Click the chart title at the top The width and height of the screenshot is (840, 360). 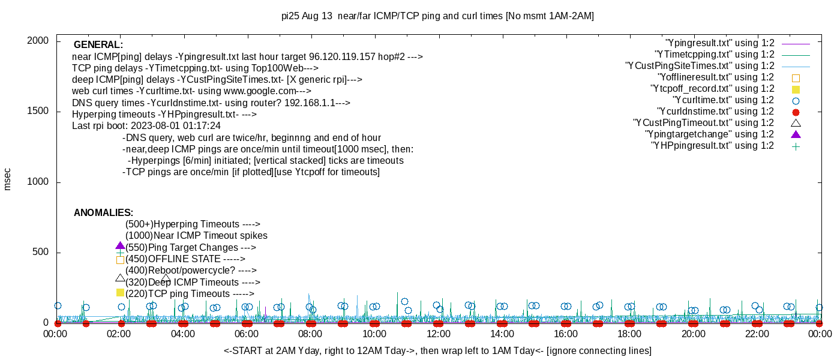[x=437, y=16]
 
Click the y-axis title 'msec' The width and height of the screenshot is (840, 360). [x=8, y=179]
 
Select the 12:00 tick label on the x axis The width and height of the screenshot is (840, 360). [x=438, y=334]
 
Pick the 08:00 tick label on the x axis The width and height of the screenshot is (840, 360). [x=310, y=334]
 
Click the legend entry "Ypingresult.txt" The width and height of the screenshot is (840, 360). [x=719, y=43]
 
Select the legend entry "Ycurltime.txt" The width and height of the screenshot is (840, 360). [x=723, y=100]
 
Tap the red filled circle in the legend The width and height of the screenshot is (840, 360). [x=796, y=112]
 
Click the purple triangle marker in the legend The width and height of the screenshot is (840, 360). [x=796, y=134]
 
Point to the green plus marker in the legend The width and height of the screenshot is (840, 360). [x=796, y=146]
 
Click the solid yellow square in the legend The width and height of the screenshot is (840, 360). [x=796, y=89]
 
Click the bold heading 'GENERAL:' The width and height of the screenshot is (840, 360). [x=98, y=45]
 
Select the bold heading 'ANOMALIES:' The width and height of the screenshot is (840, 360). [x=103, y=213]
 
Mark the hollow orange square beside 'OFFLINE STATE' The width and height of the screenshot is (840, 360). [x=120, y=260]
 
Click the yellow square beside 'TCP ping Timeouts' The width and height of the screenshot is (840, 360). [x=120, y=293]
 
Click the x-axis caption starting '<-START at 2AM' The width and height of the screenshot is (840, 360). [x=437, y=350]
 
